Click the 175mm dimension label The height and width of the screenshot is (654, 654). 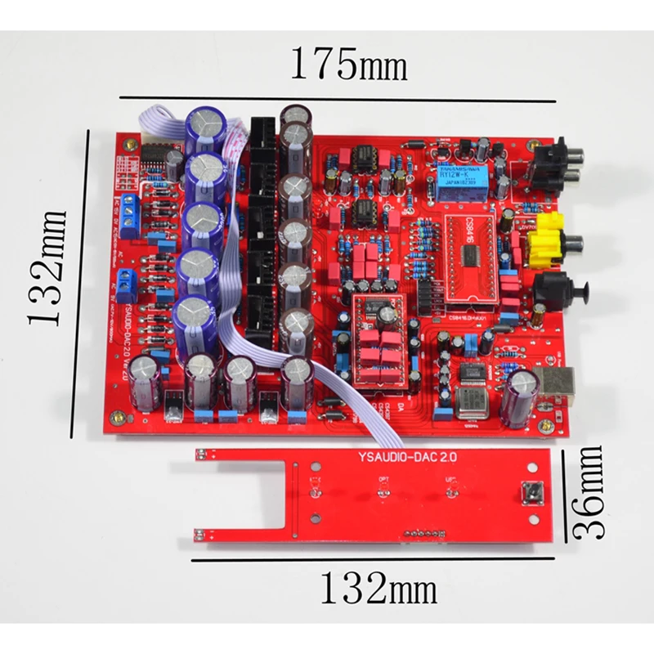[348, 63]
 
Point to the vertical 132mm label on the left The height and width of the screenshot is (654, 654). [48, 267]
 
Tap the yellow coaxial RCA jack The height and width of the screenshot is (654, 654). [548, 240]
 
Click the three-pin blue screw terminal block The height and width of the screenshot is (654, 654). [132, 219]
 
